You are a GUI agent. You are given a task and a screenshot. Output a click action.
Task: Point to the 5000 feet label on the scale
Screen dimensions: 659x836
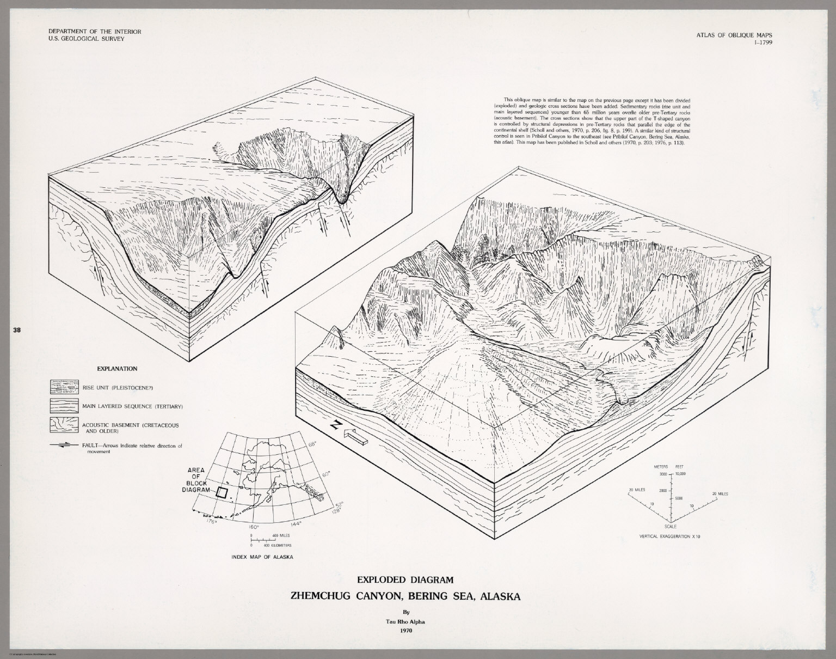point(678,498)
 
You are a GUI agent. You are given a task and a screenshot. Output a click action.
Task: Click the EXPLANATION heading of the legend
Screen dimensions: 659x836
point(116,369)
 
